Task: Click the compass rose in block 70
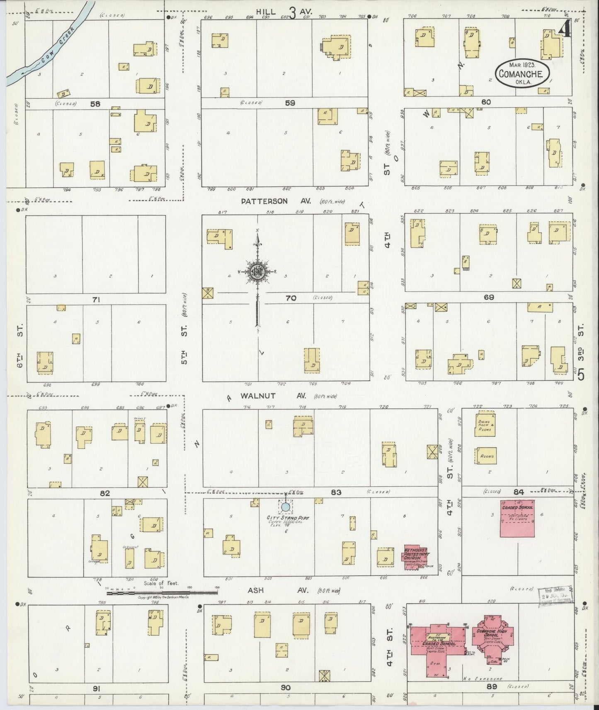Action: pyautogui.click(x=257, y=272)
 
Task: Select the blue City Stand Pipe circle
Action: pyautogui.click(x=285, y=507)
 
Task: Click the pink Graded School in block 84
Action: pyautogui.click(x=517, y=518)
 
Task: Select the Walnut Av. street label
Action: pyautogui.click(x=273, y=396)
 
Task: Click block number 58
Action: pyautogui.click(x=95, y=104)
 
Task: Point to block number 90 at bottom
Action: pyautogui.click(x=285, y=688)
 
